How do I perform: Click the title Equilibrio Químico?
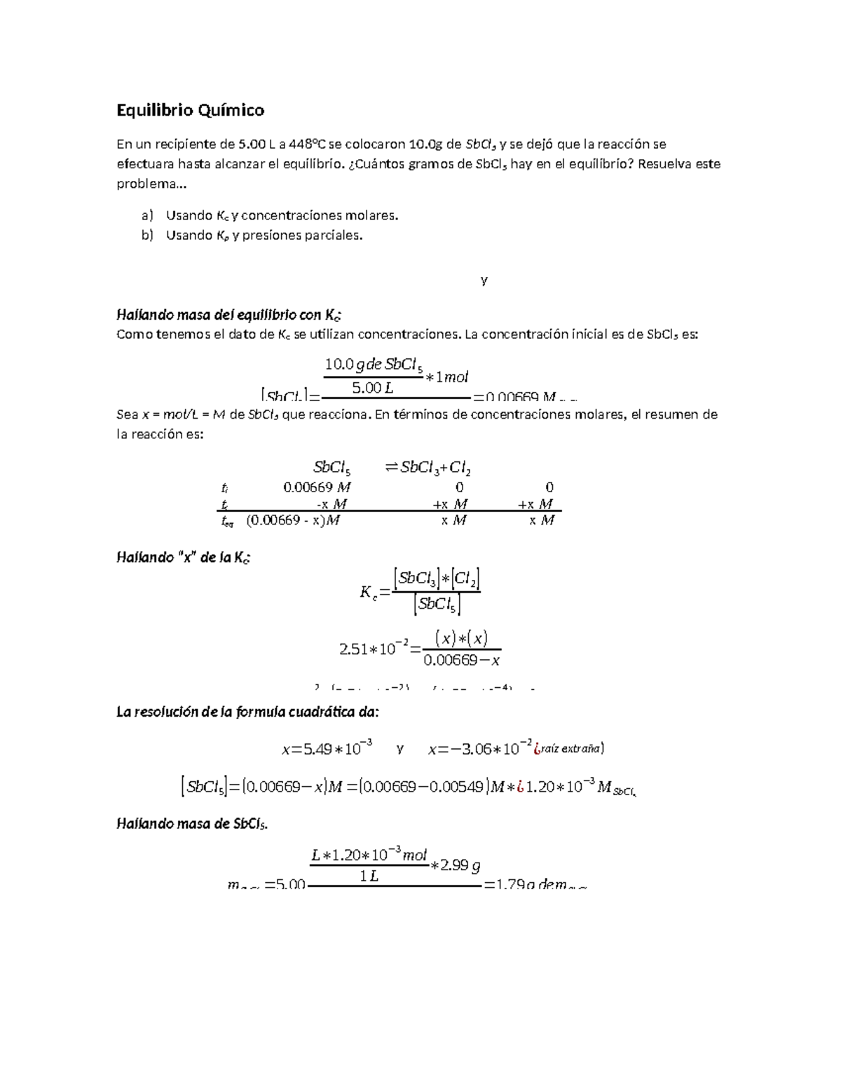click(190, 110)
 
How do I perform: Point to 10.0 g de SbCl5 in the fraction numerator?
click(374, 365)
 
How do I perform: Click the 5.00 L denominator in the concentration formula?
click(372, 387)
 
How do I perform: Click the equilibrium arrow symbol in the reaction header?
click(391, 468)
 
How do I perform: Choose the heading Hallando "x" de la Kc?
click(182, 558)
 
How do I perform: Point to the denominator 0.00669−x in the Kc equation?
click(462, 660)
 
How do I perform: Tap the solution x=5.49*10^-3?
click(327, 749)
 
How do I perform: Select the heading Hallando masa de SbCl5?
click(191, 824)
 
